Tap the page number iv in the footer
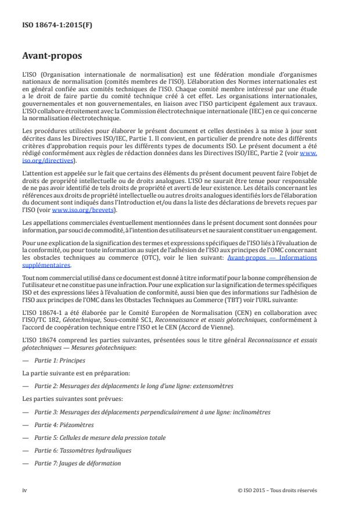[24, 490]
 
